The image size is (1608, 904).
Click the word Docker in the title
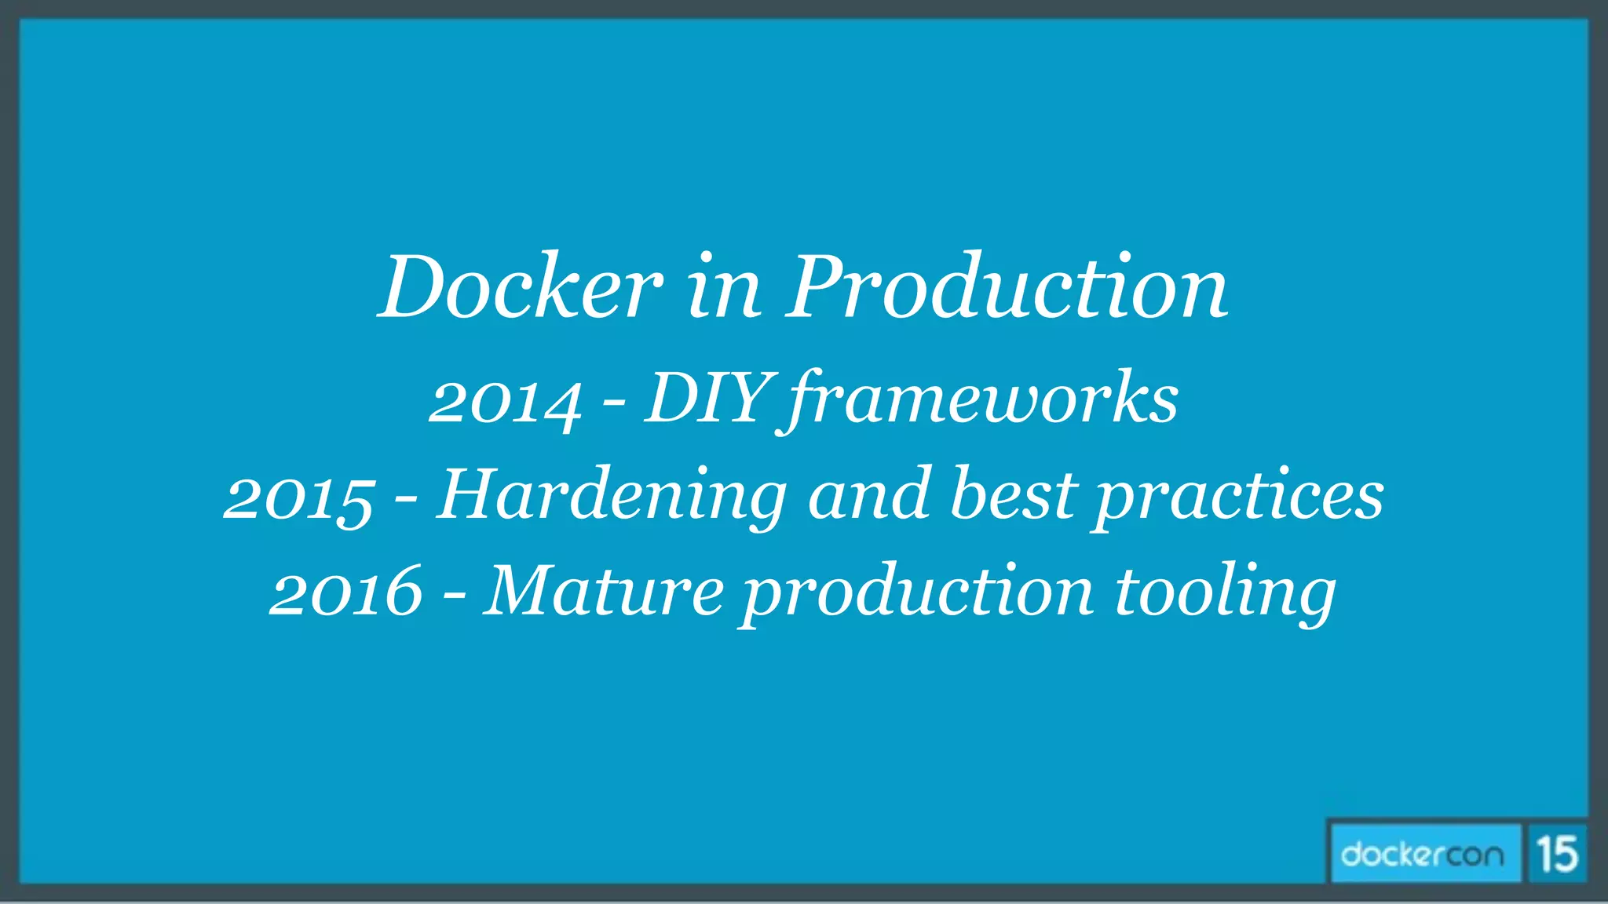[x=521, y=287]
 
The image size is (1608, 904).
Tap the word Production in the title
[x=1007, y=287]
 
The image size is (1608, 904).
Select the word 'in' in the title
[x=724, y=289]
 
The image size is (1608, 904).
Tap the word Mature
[x=603, y=590]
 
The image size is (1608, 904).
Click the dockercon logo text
[x=1423, y=854]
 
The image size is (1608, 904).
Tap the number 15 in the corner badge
[x=1558, y=854]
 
